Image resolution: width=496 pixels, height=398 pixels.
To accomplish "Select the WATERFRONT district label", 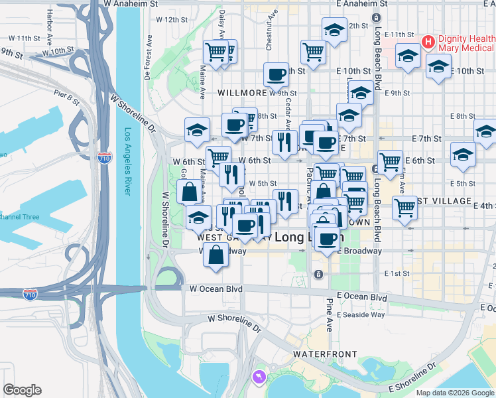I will coord(325,354).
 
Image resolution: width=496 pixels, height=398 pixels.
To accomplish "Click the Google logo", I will coord(22,390).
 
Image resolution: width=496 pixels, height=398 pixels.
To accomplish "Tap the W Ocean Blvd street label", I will coord(216,289).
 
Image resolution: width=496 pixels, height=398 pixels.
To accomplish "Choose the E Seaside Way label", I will coord(361,314).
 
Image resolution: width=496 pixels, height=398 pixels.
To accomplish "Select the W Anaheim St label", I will coord(131,3).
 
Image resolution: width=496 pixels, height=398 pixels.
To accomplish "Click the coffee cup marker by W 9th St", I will coord(276,74).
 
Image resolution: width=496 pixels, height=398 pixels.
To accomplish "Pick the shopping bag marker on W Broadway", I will coord(216,255).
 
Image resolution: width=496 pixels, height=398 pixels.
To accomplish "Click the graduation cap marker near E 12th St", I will coord(334,30).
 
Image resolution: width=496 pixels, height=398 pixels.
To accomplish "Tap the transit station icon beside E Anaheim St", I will coord(376,17).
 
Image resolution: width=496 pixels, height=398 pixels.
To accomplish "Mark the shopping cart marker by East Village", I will coord(404,207).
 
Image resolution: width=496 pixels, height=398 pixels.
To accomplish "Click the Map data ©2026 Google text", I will coord(456,392).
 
